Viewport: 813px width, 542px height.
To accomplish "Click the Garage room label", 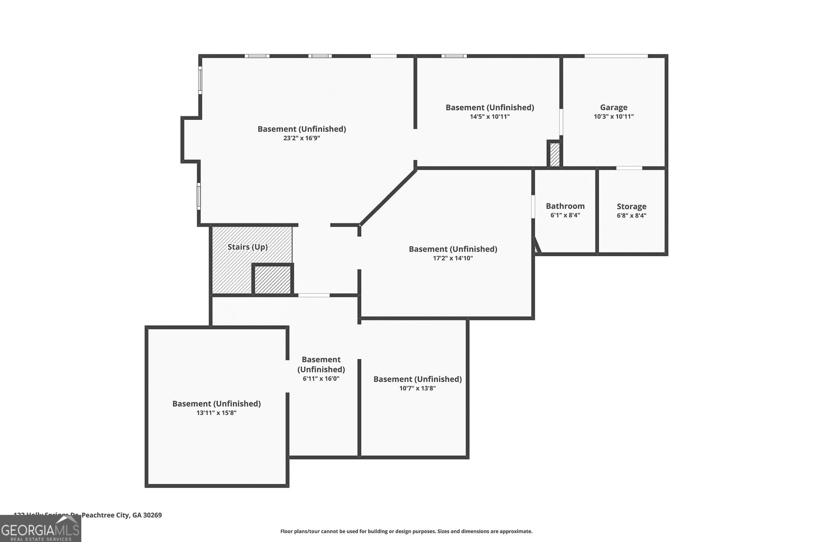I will [613, 107].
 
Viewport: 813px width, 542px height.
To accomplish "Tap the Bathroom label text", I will [565, 206].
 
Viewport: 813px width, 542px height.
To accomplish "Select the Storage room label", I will [631, 206].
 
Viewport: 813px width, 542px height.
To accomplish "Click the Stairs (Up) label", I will [247, 247].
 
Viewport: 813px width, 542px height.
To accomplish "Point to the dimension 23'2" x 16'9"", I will [301, 138].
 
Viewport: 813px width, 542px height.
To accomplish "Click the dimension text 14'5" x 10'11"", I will [489, 117].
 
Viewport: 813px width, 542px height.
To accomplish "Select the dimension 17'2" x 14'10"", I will [453, 258].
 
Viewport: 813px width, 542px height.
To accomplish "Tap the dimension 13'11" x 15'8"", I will [216, 413].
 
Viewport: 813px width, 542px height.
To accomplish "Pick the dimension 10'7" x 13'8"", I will [417, 389].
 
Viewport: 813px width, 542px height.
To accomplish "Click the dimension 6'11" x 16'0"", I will [321, 378].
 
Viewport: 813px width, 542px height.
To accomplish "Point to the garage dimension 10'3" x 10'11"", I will [613, 117].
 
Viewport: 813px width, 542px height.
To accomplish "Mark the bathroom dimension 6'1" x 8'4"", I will [565, 215].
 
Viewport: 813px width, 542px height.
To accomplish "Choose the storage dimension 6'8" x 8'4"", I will [631, 215].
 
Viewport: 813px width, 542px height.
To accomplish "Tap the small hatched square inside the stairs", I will [272, 279].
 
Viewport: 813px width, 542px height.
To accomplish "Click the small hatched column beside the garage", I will [554, 154].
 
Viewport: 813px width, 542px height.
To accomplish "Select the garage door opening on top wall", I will [616, 55].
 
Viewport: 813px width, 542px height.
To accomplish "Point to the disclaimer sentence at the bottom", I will [406, 531].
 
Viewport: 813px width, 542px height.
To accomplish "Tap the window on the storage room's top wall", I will [629, 168].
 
